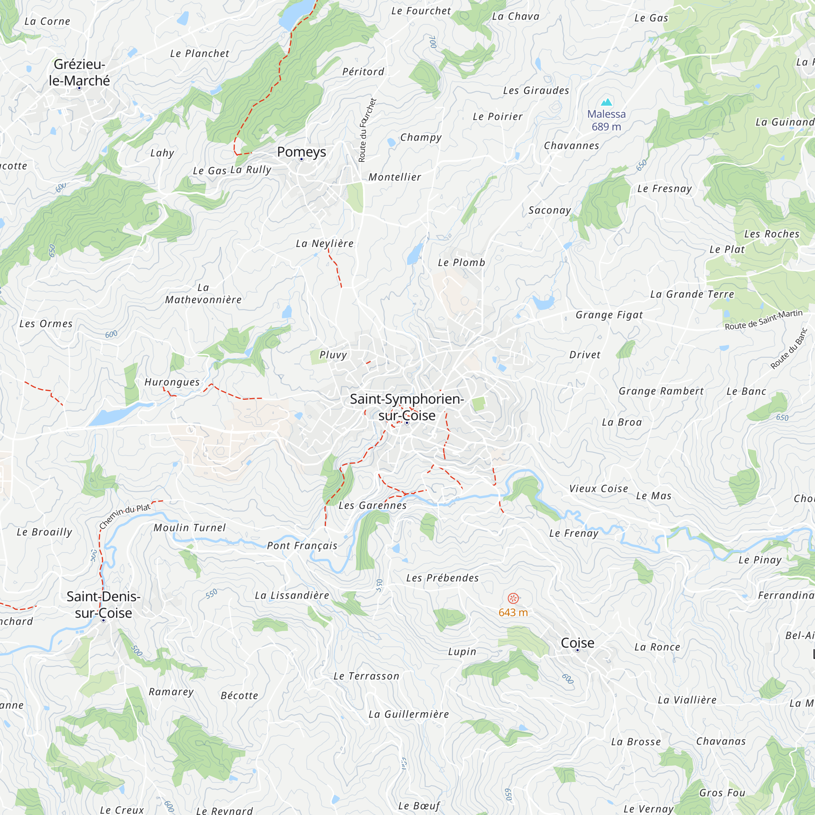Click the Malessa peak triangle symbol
click(x=606, y=102)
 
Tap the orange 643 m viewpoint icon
click(x=513, y=598)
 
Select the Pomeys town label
click(x=301, y=152)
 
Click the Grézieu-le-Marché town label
click(x=79, y=72)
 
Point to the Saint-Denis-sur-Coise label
click(x=104, y=604)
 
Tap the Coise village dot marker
click(x=577, y=650)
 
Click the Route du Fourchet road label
click(x=367, y=130)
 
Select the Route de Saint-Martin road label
click(x=764, y=320)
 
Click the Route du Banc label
click(x=789, y=348)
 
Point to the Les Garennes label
click(x=372, y=505)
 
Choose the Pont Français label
click(x=302, y=546)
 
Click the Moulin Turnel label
click(x=189, y=528)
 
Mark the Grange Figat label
click(x=609, y=315)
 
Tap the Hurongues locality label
click(x=172, y=382)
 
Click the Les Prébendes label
click(x=443, y=578)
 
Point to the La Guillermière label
click(x=408, y=714)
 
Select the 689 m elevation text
click(x=606, y=127)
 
